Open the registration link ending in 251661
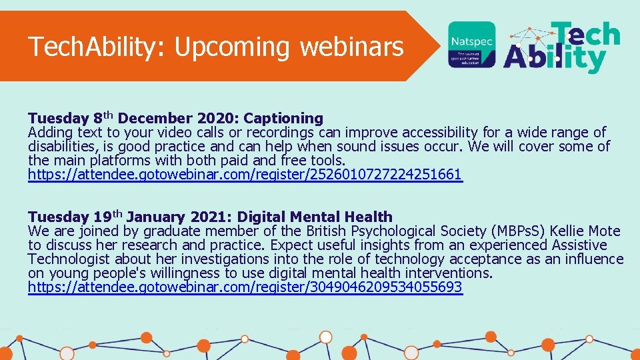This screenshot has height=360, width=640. point(245,175)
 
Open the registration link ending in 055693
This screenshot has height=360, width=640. point(245,287)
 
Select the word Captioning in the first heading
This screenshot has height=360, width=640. point(283,119)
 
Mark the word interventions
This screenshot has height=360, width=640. point(449,273)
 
